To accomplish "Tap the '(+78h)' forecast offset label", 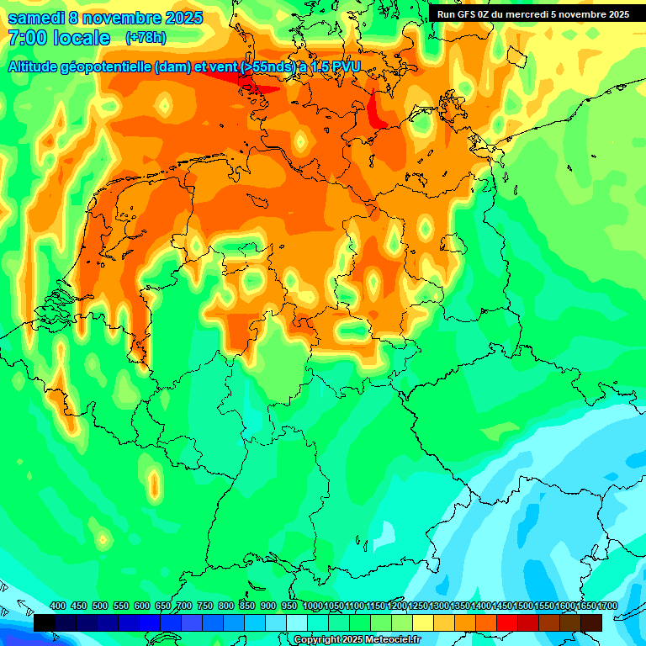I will tap(146, 38).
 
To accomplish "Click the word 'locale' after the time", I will tap(82, 38).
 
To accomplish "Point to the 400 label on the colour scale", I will tap(58, 606).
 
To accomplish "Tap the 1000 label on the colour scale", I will tap(312, 606).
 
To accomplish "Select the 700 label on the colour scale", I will tap(184, 606).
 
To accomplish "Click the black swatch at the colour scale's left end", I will tap(45, 622).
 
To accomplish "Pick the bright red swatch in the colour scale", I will tap(507, 622).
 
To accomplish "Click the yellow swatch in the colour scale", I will tap(423, 622).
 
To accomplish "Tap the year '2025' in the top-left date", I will tap(177, 18).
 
